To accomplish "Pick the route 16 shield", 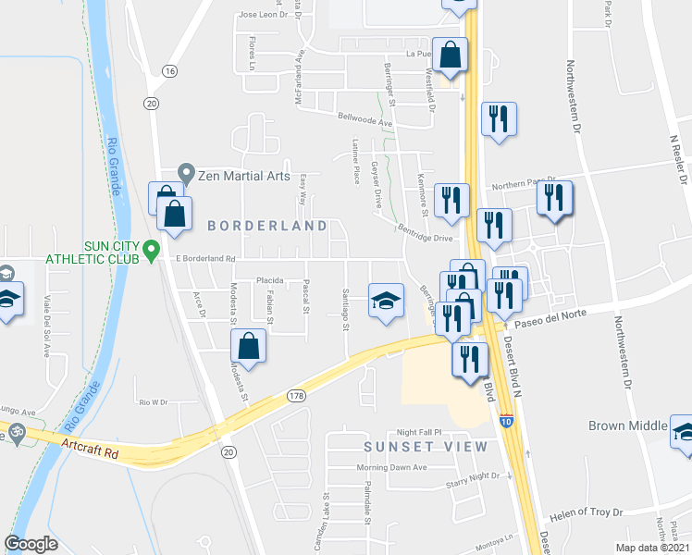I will pos(168,71).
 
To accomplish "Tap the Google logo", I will pos(32,543).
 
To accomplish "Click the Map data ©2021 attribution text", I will pos(653,548).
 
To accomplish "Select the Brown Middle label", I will pos(627,426).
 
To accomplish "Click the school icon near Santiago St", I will pos(387,301).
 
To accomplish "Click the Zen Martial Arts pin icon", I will pos(186,174).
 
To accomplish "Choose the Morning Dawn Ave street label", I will pos(394,467).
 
